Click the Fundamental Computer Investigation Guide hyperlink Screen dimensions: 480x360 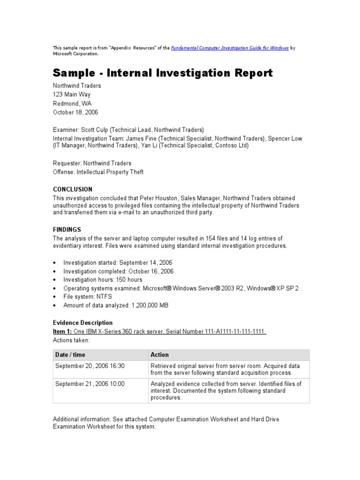coord(230,48)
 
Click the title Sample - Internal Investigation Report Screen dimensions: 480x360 coord(163,73)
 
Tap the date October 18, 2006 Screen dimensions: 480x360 coord(75,112)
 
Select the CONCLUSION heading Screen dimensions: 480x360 coord(73,189)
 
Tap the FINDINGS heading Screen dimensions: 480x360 coord(67,230)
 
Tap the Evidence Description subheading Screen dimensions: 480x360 coord(82,323)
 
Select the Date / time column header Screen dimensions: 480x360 coord(70,355)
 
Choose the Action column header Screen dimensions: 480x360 coord(159,355)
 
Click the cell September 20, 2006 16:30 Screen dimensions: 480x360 coord(90,366)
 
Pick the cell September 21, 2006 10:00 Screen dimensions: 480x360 coord(90,383)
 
